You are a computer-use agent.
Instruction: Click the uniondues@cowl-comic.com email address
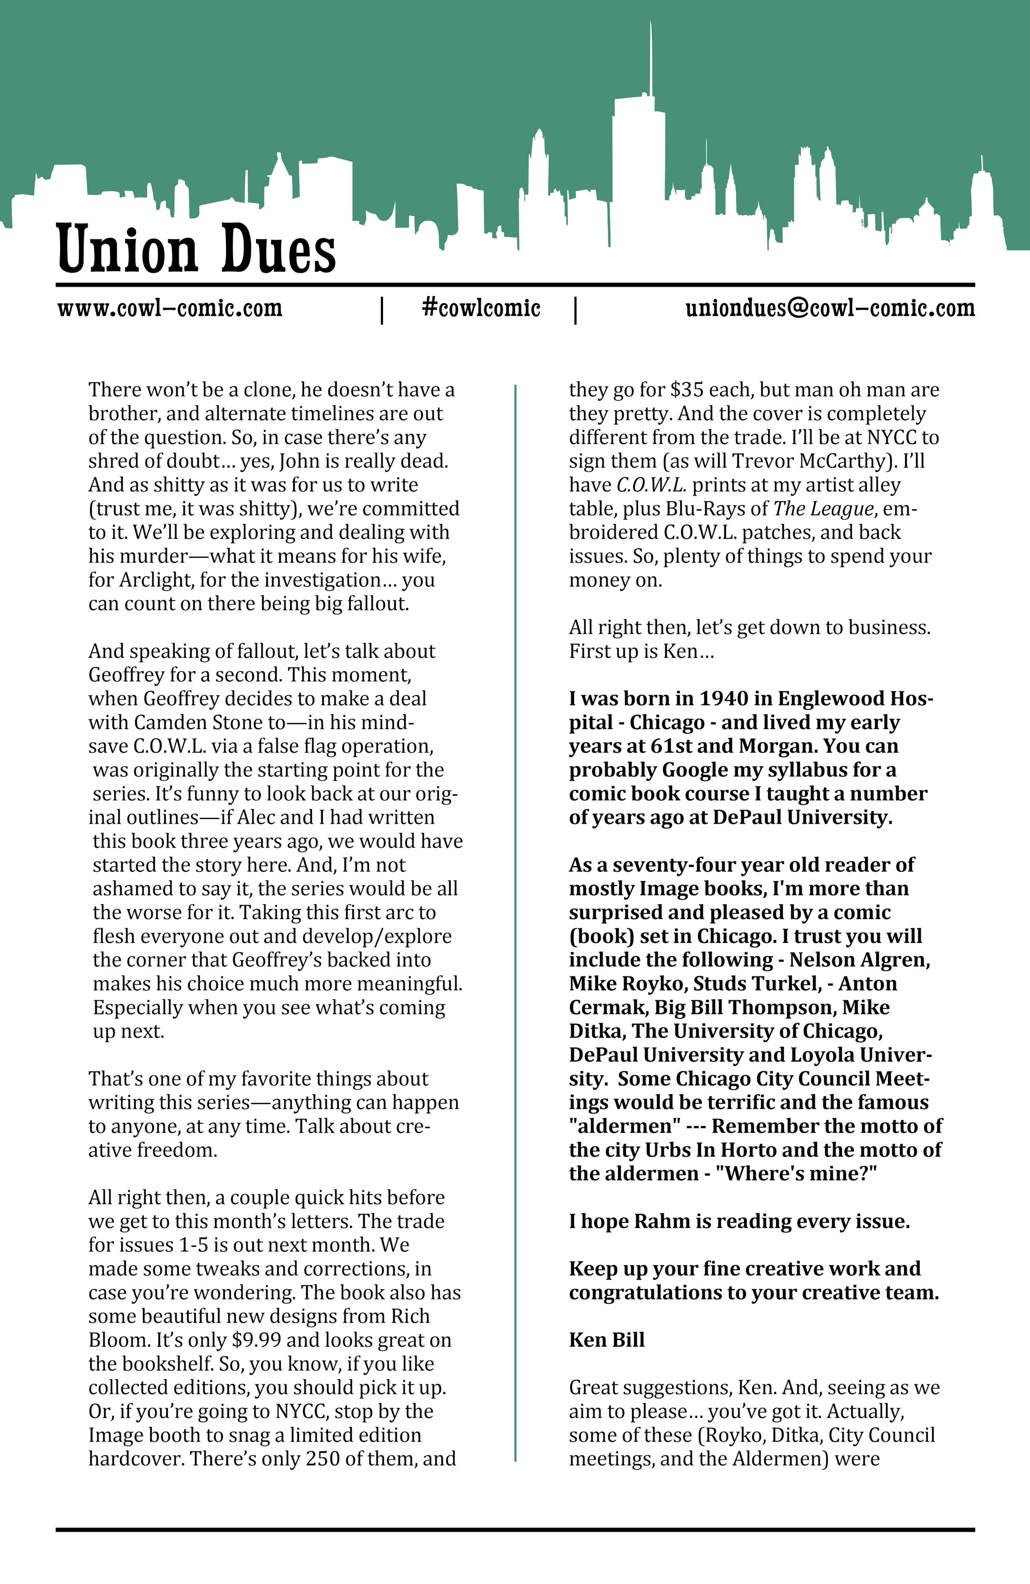(x=829, y=308)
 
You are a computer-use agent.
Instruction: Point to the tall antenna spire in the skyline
(x=651, y=60)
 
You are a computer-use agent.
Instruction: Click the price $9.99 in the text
(x=250, y=1340)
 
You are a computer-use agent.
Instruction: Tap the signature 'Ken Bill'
(x=607, y=1340)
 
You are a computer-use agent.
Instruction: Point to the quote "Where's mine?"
(x=800, y=1174)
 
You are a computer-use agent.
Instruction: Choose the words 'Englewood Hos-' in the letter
(x=855, y=699)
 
